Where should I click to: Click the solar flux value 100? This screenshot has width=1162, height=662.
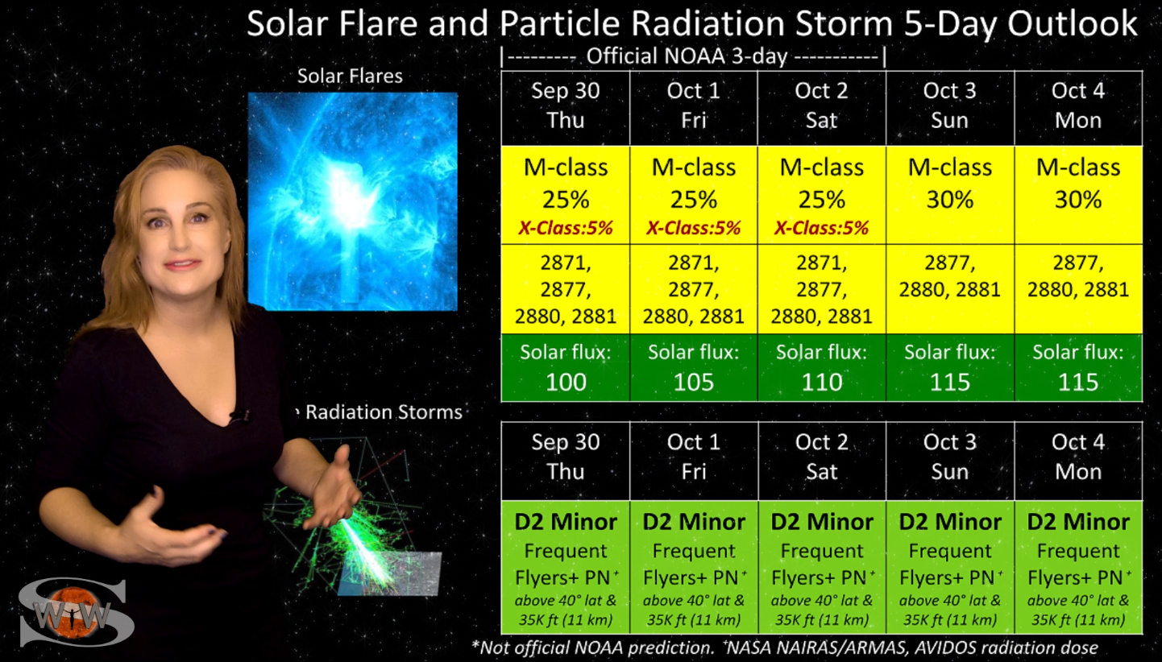(566, 382)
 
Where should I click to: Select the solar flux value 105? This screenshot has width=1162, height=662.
(694, 382)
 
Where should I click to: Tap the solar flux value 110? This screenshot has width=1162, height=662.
(822, 382)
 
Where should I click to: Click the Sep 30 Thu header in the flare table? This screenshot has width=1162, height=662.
(566, 106)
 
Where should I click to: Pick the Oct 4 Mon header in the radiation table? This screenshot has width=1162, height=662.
(1078, 457)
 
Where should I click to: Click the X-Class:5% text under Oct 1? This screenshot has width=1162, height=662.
(694, 228)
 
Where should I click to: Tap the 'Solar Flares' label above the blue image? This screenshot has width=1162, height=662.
(350, 77)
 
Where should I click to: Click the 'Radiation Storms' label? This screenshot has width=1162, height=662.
(384, 412)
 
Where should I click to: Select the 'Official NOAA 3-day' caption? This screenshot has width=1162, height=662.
(687, 56)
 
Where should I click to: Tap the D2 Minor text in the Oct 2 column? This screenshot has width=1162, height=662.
(822, 522)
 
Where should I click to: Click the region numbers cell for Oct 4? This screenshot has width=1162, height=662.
(1078, 276)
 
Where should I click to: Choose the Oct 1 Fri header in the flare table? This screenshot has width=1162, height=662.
(694, 106)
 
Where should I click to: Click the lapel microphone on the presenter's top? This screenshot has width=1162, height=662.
(239, 416)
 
